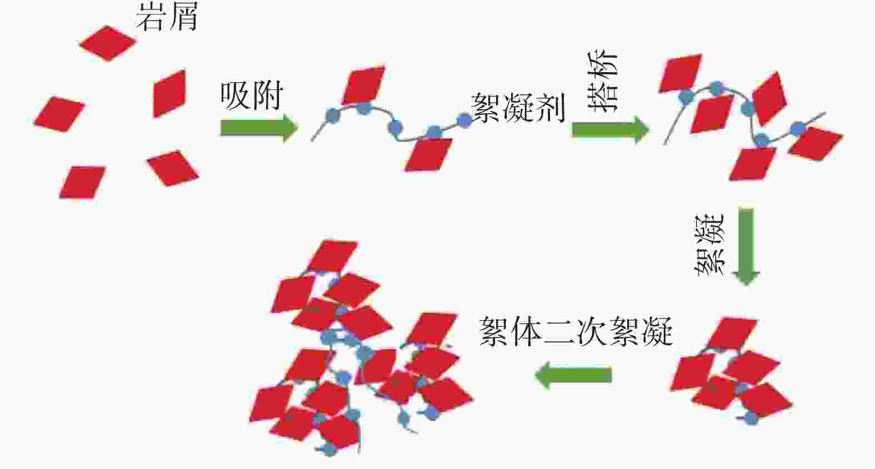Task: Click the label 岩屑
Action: (167, 17)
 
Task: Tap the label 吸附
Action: (252, 96)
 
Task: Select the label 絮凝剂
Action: (518, 108)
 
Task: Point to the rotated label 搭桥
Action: (603, 83)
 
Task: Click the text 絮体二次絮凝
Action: (576, 332)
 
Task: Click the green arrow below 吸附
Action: (259, 128)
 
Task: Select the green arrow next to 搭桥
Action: (610, 129)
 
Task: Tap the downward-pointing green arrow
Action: (746, 246)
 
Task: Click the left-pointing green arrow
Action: (573, 375)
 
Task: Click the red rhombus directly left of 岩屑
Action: (108, 42)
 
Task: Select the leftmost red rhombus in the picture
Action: (59, 114)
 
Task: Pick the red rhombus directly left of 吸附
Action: (169, 93)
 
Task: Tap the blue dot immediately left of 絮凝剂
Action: (464, 120)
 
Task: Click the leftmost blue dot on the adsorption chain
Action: (332, 115)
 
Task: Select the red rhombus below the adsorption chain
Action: (428, 154)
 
